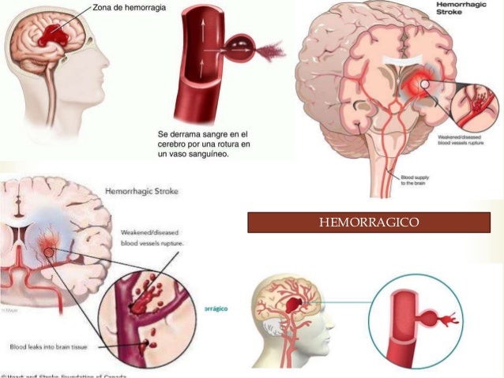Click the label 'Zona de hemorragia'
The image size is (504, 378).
tap(107, 7)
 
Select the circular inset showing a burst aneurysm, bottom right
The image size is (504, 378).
tap(425, 319)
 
